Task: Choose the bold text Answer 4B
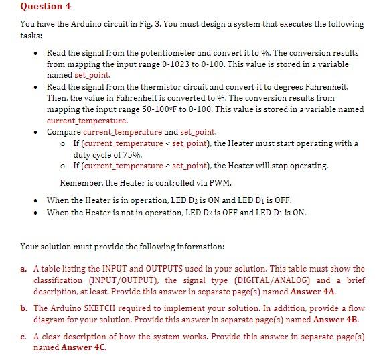click(x=341, y=320)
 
